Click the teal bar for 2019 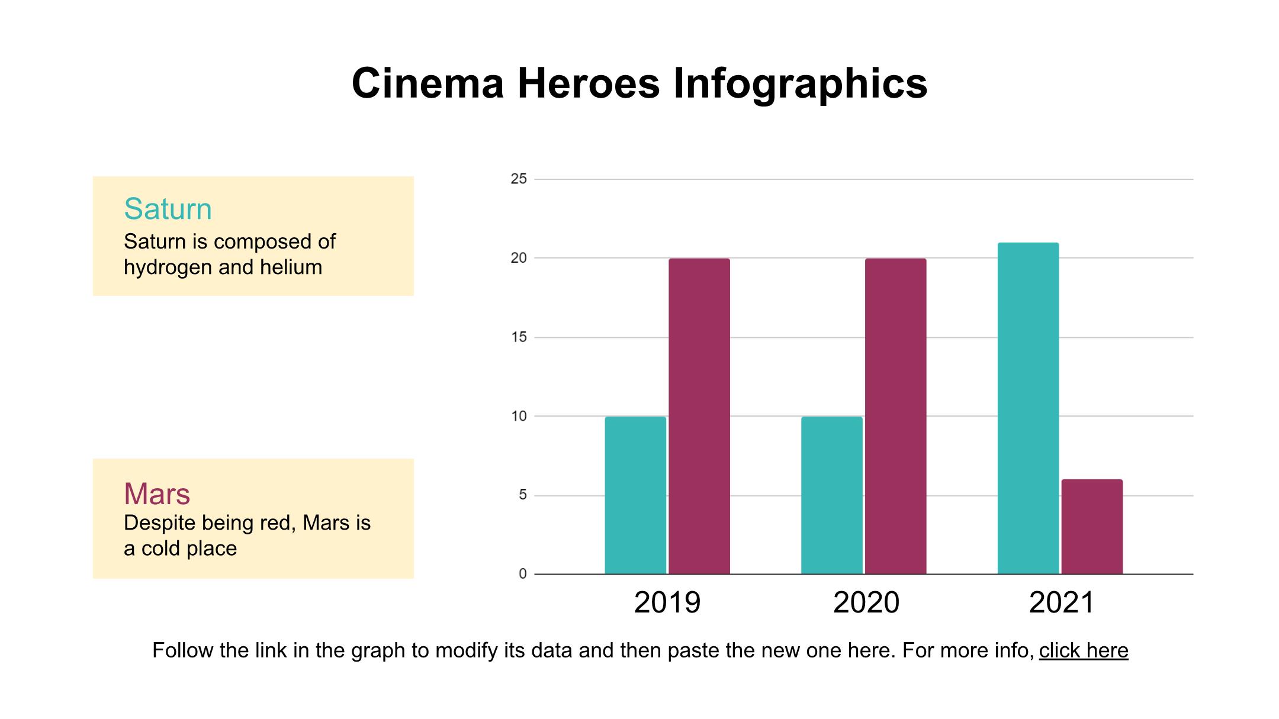pos(635,495)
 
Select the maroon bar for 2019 pos(699,416)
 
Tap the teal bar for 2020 pos(832,495)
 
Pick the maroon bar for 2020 pos(895,416)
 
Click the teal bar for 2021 pos(1028,408)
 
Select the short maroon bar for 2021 pos(1092,527)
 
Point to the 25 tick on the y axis pos(519,179)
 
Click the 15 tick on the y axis pos(519,337)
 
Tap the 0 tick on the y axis pos(522,573)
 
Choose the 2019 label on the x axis pos(667,602)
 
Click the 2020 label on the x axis pos(866,602)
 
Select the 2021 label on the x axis pos(1062,602)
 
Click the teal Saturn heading pos(168,209)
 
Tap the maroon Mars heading pos(157,494)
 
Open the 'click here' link pos(1084,650)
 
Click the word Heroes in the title pos(589,83)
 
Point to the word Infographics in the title pos(800,84)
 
